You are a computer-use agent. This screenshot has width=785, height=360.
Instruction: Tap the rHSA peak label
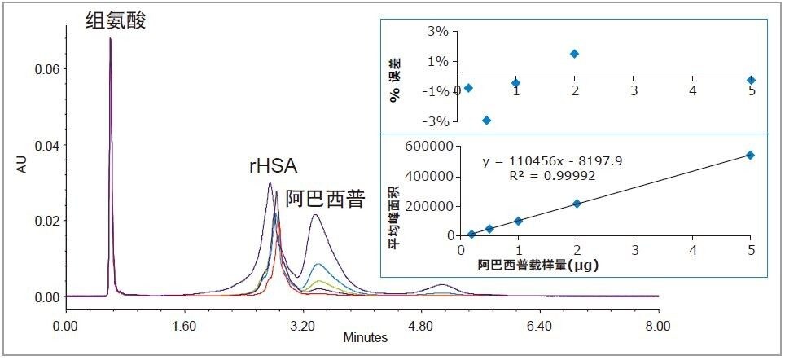273,168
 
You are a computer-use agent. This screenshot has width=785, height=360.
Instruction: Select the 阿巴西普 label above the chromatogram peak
324,200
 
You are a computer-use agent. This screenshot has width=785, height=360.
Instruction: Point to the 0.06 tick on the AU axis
46,69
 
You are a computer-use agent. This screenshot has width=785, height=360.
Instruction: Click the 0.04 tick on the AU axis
46,145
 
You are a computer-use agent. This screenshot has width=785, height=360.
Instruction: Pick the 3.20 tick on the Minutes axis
302,325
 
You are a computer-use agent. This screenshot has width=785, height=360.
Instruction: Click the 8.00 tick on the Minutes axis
658,325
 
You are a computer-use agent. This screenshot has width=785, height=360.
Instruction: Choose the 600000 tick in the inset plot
428,147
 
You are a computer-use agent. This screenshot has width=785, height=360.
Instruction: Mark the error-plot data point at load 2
575,54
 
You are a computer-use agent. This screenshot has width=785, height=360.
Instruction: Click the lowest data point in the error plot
487,121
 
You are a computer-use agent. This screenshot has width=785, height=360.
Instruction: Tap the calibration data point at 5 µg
751,155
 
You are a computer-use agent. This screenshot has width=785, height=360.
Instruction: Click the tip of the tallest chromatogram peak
110,38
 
